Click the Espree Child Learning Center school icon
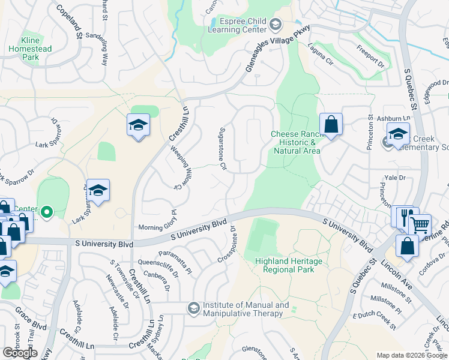point(276,25)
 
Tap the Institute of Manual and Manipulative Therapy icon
point(193,308)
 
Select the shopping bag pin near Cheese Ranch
point(331,125)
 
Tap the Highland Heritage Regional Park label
point(288,265)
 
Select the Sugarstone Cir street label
point(222,148)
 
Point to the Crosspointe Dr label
point(226,245)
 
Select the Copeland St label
point(70,23)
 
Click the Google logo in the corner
point(20,353)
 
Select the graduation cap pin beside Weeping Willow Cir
point(139,125)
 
